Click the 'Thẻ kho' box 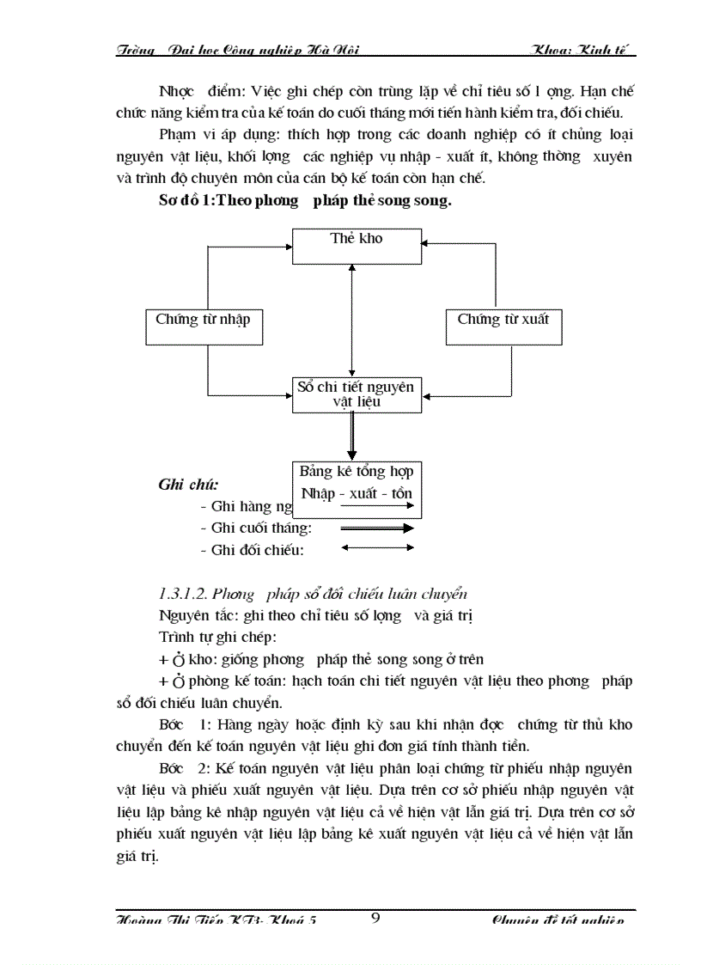pos(357,246)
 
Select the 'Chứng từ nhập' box pos(203,327)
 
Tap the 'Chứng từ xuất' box pos(503,327)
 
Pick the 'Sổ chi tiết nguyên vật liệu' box pos(356,394)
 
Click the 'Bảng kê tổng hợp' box pos(356,482)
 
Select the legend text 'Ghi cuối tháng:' pos(256,528)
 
